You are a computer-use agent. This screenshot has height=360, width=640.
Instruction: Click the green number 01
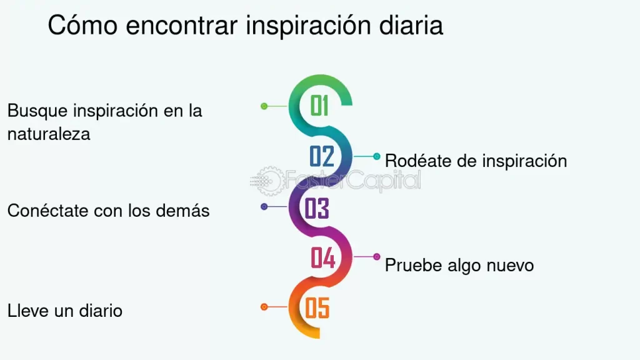[x=319, y=106]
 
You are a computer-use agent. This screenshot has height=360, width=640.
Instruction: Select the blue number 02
[x=322, y=156]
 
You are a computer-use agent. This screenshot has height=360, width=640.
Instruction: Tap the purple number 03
[x=317, y=208]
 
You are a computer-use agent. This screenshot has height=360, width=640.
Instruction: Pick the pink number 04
[x=323, y=257]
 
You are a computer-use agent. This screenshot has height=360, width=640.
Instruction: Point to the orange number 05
[x=317, y=307]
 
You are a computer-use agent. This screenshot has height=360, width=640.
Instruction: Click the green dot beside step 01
[x=264, y=106]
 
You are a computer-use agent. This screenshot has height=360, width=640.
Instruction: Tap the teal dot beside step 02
[x=377, y=156]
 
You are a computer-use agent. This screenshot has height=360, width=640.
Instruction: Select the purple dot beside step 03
[x=264, y=206]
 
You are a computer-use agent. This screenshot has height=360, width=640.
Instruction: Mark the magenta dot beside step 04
[x=377, y=257]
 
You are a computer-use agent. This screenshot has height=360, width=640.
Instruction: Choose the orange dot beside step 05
[x=264, y=306]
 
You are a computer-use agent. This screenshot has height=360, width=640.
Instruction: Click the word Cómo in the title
[x=83, y=24]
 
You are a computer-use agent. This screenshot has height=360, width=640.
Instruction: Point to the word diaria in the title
[x=411, y=24]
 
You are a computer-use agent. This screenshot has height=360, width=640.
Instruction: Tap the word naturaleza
[x=49, y=134]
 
